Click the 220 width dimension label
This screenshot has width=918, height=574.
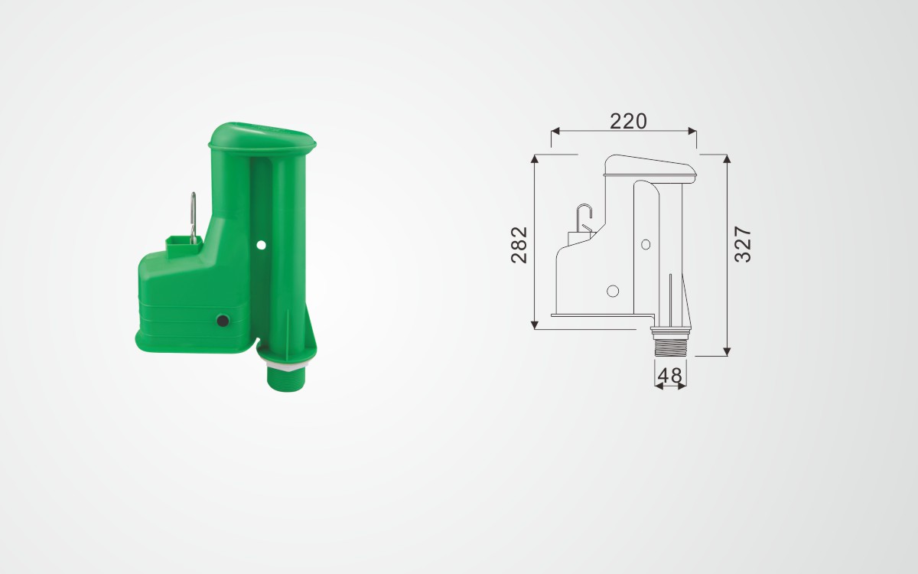tap(628, 121)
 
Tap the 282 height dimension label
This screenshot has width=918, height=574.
tap(519, 245)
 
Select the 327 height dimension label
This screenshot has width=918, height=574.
tap(743, 244)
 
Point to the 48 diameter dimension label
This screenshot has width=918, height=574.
tap(670, 376)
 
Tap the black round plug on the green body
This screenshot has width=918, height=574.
tap(223, 320)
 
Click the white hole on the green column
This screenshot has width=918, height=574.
tap(261, 245)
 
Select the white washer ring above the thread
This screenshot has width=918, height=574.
tap(286, 364)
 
